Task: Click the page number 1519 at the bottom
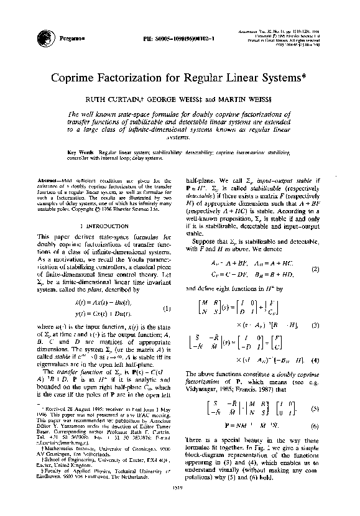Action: click(179, 505)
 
